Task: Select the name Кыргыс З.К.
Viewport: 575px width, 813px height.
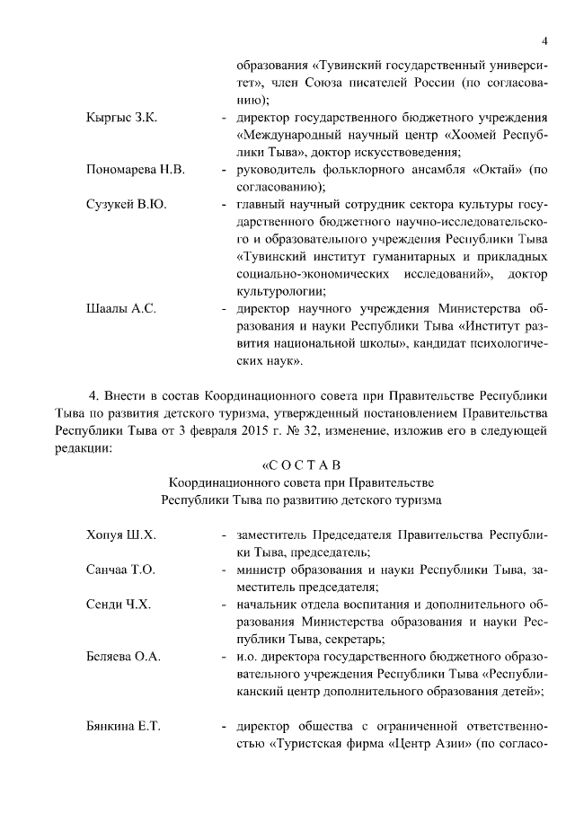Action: click(x=121, y=119)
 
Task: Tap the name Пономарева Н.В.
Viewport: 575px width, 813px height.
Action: click(x=135, y=170)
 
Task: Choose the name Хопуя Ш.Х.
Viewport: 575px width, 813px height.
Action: click(x=120, y=535)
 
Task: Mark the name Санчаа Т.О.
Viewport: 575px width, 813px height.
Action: click(x=120, y=570)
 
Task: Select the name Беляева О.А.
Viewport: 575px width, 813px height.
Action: click(x=123, y=657)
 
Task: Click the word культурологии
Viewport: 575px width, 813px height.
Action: click(x=281, y=290)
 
